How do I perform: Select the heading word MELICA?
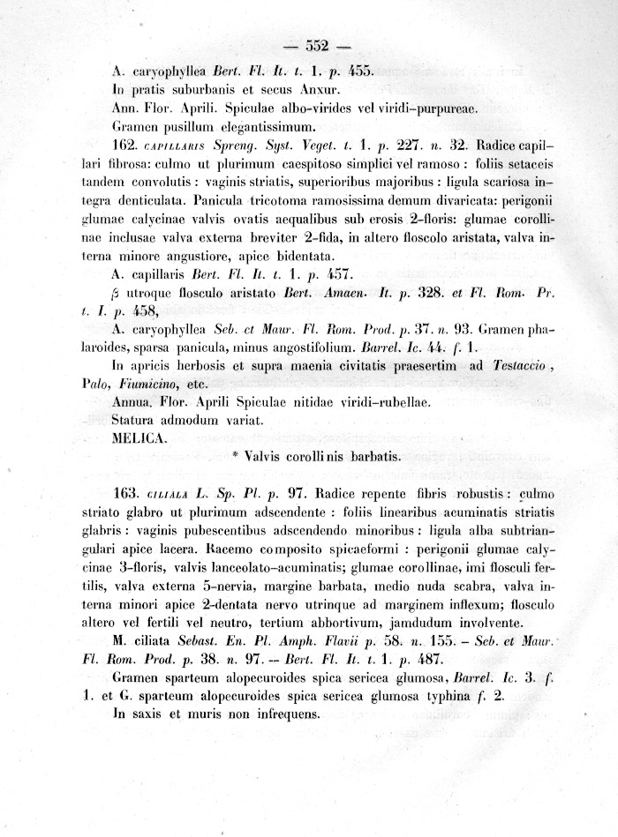(138, 437)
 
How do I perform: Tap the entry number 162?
(128, 143)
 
